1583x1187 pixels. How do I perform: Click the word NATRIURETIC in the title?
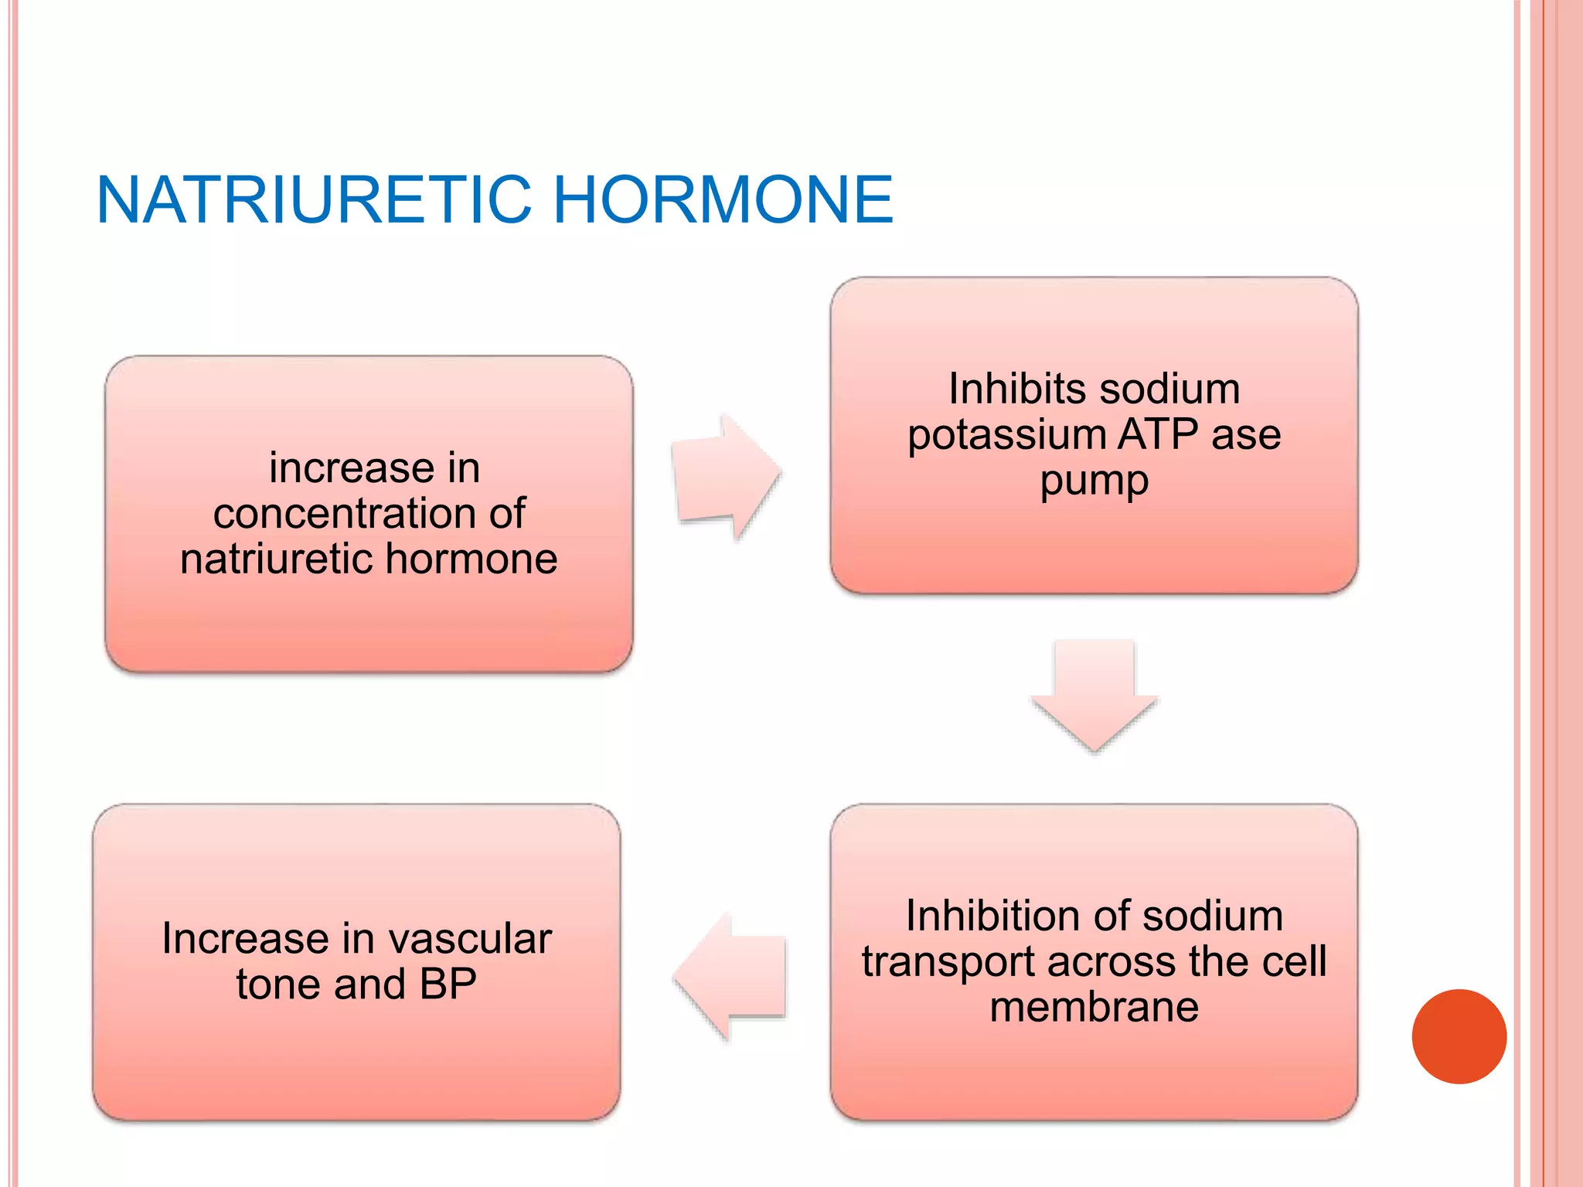313,200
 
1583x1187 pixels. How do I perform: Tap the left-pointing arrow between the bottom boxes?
730,976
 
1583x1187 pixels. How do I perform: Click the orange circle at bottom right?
1459,1036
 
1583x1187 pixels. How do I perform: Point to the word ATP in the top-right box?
1157,434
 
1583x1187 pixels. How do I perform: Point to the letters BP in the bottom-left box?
448,985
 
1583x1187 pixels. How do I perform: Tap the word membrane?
1094,1008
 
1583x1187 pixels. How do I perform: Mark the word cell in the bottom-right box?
1293,962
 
